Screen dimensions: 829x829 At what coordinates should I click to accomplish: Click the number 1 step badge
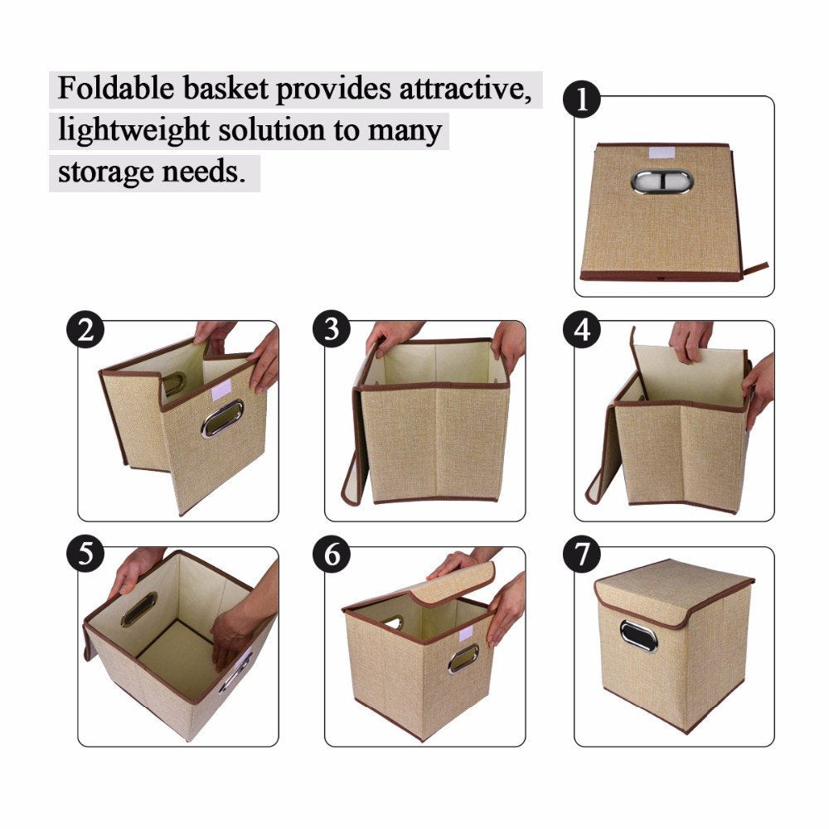point(583,101)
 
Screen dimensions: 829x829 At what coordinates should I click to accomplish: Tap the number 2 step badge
point(85,331)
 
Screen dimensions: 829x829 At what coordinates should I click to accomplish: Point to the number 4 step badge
point(583,331)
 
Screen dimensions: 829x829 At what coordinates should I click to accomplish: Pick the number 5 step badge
point(85,555)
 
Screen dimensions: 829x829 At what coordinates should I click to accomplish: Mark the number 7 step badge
point(583,555)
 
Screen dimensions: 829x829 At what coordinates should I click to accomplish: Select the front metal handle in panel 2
point(222,419)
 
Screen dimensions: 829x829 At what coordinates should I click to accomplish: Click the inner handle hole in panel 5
point(138,609)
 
